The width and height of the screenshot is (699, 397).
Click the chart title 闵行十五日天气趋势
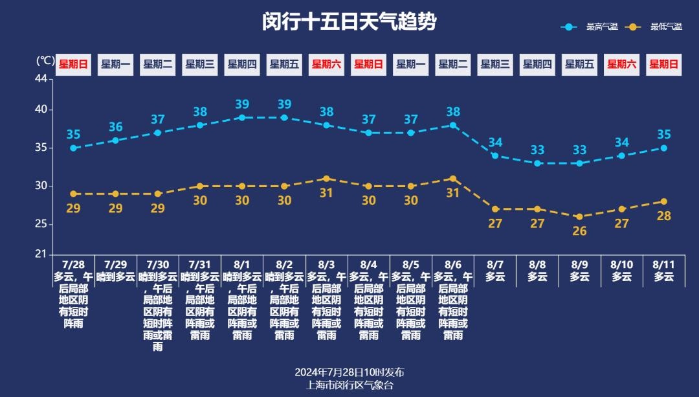pyautogui.click(x=349, y=22)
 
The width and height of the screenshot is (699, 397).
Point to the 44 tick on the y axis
pyautogui.click(x=41, y=78)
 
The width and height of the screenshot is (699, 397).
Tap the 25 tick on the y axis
pyautogui.click(x=41, y=224)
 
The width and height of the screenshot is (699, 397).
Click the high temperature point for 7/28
pyautogui.click(x=74, y=148)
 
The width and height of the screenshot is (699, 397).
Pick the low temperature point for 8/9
pyautogui.click(x=579, y=217)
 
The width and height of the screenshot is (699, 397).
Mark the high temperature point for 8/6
pyautogui.click(x=453, y=125)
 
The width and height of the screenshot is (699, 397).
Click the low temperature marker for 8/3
pyautogui.click(x=326, y=179)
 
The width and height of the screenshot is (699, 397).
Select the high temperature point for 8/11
pyautogui.click(x=664, y=148)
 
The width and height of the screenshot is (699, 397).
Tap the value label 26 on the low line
pyautogui.click(x=579, y=231)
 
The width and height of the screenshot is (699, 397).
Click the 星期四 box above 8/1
pyautogui.click(x=242, y=64)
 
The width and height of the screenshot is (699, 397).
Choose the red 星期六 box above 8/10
pyautogui.click(x=621, y=64)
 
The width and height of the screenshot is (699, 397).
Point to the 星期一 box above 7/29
pyautogui.click(x=116, y=64)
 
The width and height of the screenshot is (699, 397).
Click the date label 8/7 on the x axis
pyautogui.click(x=495, y=265)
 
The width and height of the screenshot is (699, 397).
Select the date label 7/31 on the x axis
pyautogui.click(x=200, y=265)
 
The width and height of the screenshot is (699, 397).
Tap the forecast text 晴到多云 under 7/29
pyautogui.click(x=116, y=277)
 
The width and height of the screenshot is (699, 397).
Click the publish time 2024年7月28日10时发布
pyautogui.click(x=349, y=372)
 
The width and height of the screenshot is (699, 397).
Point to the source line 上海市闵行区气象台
pyautogui.click(x=349, y=385)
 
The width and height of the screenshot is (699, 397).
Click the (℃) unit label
pyautogui.click(x=45, y=60)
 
